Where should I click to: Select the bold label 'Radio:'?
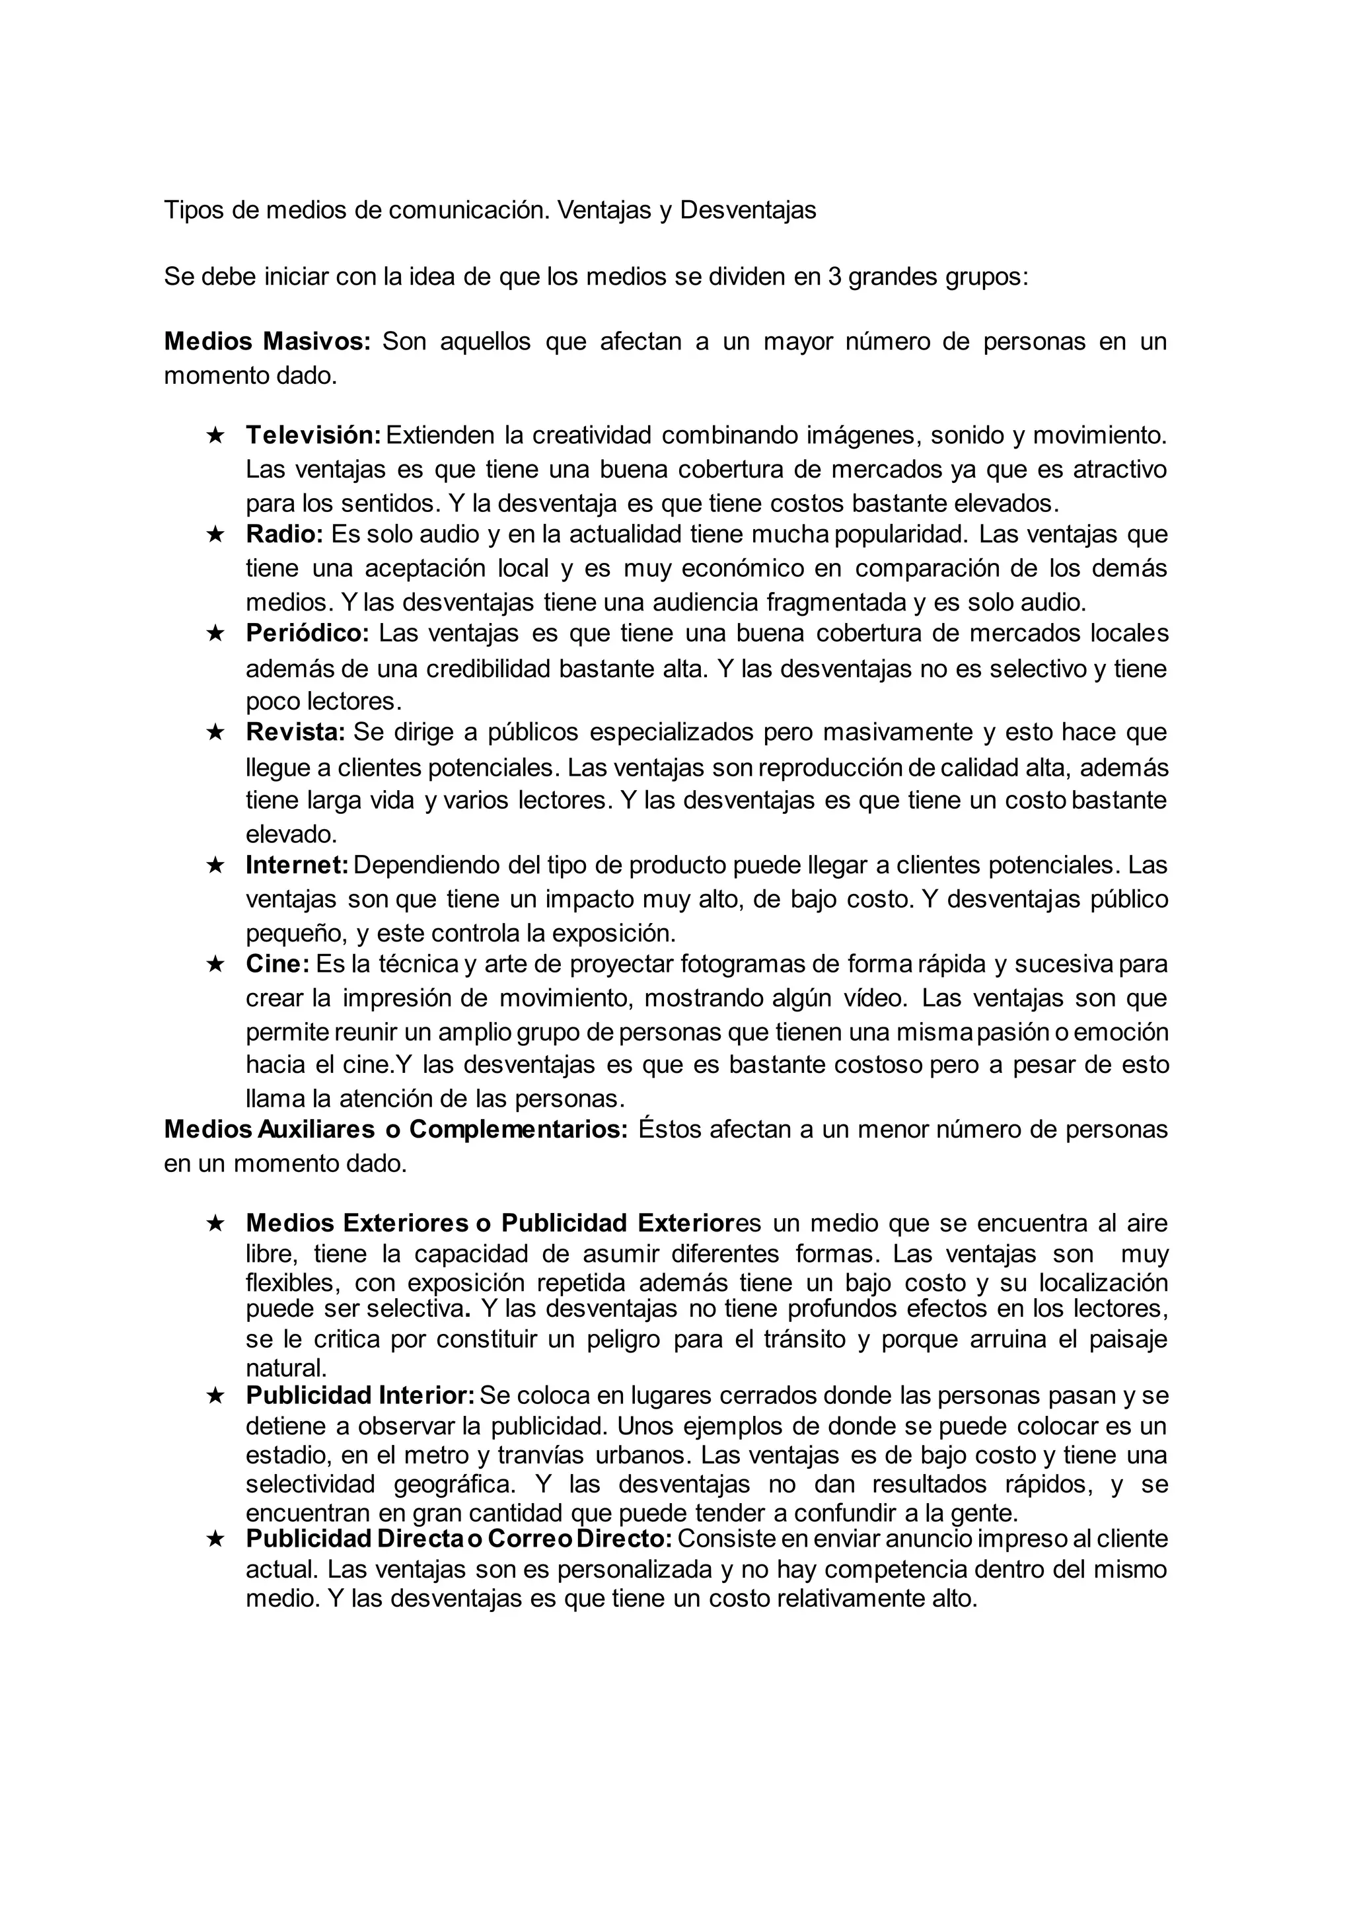284,534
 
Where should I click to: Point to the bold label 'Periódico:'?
307,633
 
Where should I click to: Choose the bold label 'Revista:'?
295,732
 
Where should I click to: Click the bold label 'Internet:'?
297,865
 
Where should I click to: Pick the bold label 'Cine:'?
277,964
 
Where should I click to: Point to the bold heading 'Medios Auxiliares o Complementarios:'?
396,1130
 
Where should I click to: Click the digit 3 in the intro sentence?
834,277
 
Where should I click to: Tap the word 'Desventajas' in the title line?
747,210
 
